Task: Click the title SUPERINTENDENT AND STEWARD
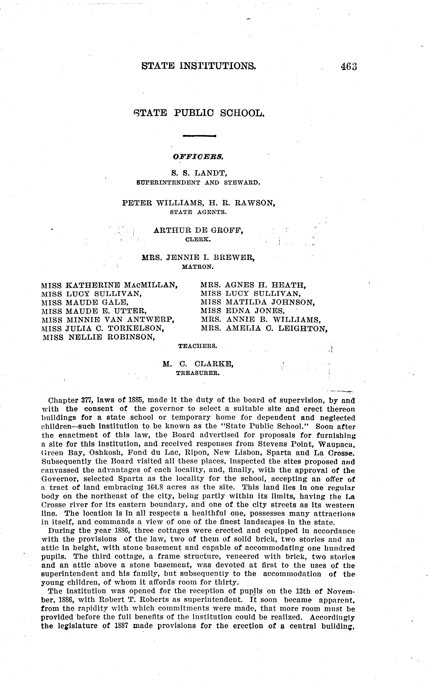[x=199, y=183]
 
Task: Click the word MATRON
[x=198, y=267]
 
